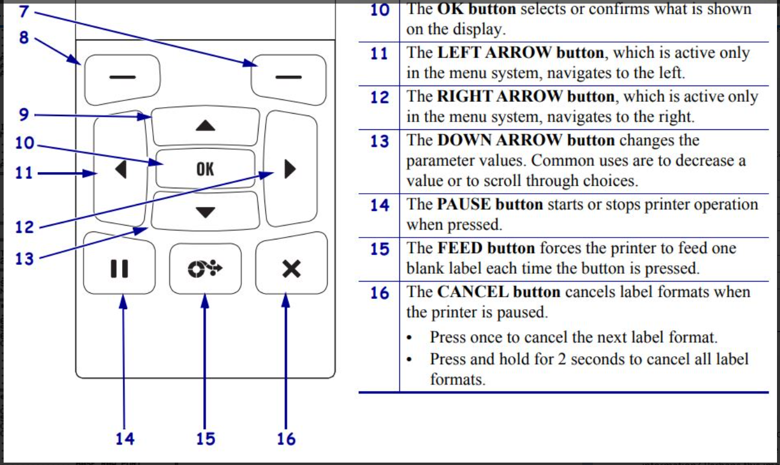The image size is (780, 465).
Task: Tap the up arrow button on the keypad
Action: pyautogui.click(x=205, y=126)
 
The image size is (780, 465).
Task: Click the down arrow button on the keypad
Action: pyautogui.click(x=205, y=212)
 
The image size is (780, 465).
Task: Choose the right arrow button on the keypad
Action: pyautogui.click(x=290, y=170)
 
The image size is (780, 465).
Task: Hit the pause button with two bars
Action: pyautogui.click(x=120, y=269)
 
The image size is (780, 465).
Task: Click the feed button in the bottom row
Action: pyautogui.click(x=205, y=269)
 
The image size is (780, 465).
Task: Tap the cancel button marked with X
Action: pyautogui.click(x=291, y=269)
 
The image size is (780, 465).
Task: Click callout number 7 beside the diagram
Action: pyautogui.click(x=23, y=11)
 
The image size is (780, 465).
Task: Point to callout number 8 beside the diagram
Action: pyautogui.click(x=23, y=37)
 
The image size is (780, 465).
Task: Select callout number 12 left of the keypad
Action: pyautogui.click(x=24, y=227)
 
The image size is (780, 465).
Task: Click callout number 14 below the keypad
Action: pyautogui.click(x=124, y=439)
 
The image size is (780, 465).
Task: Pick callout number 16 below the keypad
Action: pyautogui.click(x=286, y=439)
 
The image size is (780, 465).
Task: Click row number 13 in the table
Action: pyautogui.click(x=379, y=141)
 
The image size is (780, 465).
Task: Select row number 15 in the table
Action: pyautogui.click(x=379, y=248)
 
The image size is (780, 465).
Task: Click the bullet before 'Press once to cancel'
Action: pyautogui.click(x=410, y=339)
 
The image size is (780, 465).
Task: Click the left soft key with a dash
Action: pyautogui.click(x=122, y=77)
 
